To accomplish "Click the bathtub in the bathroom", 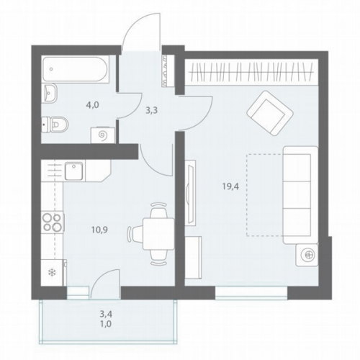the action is click(76, 69).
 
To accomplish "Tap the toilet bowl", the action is click(55, 125).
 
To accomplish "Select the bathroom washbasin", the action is click(50, 93).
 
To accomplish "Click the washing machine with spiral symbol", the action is click(103, 135).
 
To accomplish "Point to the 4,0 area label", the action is click(92, 105).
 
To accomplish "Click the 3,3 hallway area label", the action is click(151, 111).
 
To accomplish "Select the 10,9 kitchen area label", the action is click(99, 230).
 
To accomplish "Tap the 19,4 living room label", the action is click(230, 186).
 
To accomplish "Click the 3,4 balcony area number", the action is click(106, 313).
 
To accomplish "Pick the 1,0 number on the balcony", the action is click(106, 324).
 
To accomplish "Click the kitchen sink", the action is click(74, 171).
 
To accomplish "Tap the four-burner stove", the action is click(53, 222).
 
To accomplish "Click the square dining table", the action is click(158, 234).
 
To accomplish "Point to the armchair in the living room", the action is click(270, 112).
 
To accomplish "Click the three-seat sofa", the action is click(300, 195).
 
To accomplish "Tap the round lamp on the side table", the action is click(307, 255).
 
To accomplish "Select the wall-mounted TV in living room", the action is click(190, 193).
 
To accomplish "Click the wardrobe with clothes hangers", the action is click(251, 71).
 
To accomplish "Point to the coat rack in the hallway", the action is click(168, 71).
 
